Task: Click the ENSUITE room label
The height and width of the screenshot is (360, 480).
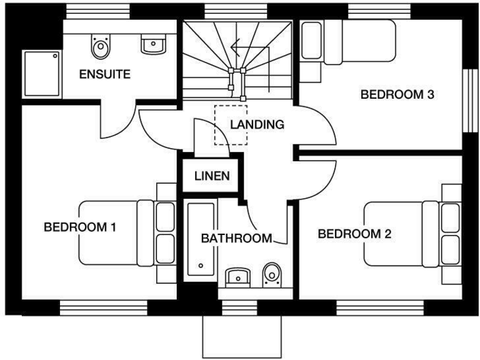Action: pos(104,75)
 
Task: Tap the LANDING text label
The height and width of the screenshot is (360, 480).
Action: pos(257,125)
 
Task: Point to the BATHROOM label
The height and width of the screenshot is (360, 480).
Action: pos(236,238)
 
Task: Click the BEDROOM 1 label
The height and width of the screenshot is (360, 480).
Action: pos(80,227)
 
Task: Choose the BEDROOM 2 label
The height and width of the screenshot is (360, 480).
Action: pos(354,234)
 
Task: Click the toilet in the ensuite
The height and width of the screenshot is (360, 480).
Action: pos(99,44)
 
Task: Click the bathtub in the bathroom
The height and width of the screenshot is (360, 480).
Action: pos(201,241)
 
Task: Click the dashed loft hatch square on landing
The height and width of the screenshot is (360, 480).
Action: pos(231,125)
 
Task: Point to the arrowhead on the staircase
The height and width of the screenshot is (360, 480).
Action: pos(234,45)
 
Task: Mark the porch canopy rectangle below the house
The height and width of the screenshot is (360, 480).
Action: pos(243,336)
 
